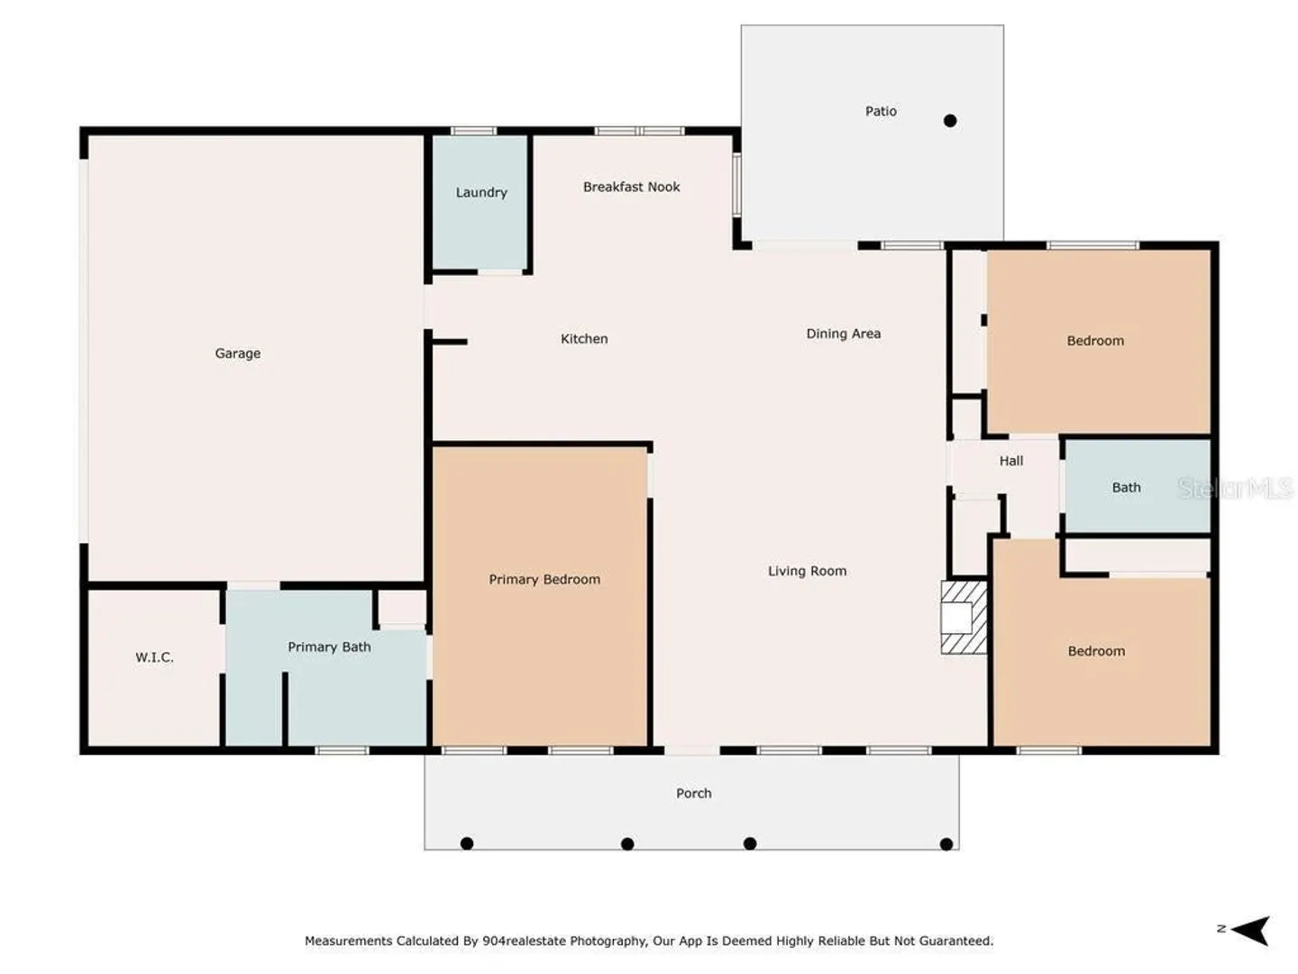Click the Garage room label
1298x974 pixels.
[x=237, y=354]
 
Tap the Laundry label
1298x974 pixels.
[x=480, y=193]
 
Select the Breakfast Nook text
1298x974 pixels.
[x=631, y=187]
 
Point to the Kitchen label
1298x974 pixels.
[x=584, y=339]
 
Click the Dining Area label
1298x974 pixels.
[x=843, y=334]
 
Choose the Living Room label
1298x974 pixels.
[x=807, y=571]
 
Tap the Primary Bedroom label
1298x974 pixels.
[x=544, y=580]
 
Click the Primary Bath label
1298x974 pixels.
[x=329, y=647]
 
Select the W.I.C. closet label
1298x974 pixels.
[x=154, y=657]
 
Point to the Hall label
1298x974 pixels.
[x=1010, y=461]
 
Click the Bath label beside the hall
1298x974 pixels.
[x=1126, y=487]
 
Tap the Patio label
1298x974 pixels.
[x=881, y=111]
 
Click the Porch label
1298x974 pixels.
[x=693, y=793]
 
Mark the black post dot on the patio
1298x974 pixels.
[x=950, y=121]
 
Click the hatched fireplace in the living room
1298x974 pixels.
[x=964, y=618]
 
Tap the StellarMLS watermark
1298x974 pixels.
[x=1235, y=488]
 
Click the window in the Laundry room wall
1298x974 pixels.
[x=473, y=132]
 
